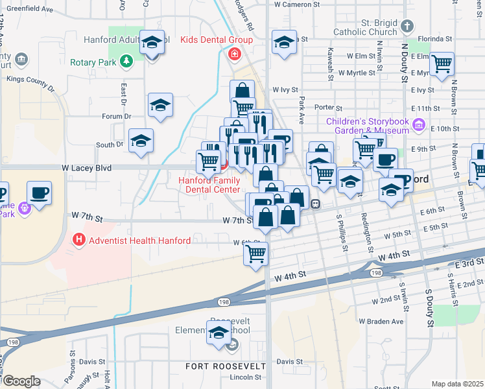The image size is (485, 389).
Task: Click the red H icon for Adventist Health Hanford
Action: tap(79, 241)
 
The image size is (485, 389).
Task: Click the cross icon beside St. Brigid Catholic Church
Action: tap(407, 27)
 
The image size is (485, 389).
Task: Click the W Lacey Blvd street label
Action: tap(87, 168)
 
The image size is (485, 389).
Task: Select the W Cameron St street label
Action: tap(294, 4)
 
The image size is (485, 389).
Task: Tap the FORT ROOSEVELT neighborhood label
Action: tap(222, 366)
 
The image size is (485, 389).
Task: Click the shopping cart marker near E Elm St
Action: tap(442, 64)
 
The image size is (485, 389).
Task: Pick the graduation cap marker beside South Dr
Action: tap(141, 141)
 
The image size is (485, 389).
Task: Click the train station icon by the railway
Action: tap(315, 204)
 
